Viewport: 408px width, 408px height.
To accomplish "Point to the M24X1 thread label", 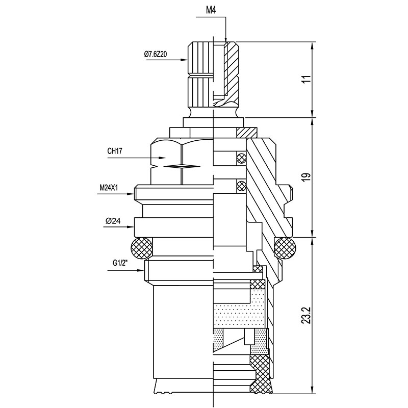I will (x=109, y=188).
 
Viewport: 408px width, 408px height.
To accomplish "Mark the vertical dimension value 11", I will (x=306, y=80).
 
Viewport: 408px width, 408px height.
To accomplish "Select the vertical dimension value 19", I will (x=306, y=177).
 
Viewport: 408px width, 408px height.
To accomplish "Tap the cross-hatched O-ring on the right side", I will (x=285, y=249).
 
